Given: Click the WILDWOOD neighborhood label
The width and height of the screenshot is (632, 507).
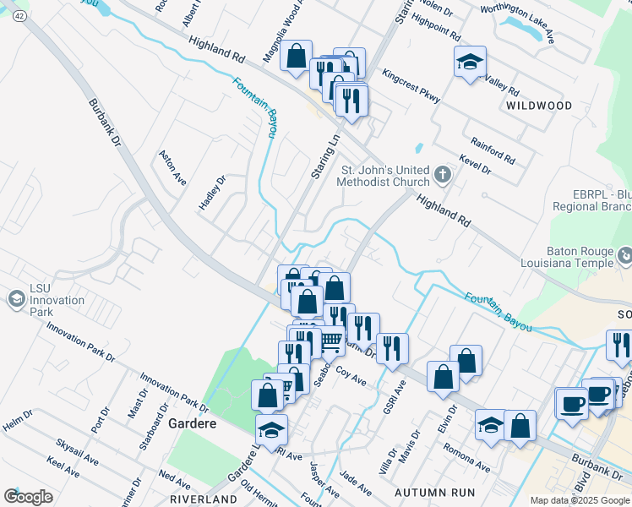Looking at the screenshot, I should (x=538, y=106).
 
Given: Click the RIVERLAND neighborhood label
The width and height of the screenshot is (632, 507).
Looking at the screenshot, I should (x=203, y=499).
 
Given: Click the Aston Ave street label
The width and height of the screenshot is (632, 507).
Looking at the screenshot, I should (x=172, y=168).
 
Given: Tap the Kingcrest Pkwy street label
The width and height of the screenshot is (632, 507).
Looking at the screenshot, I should (x=411, y=86).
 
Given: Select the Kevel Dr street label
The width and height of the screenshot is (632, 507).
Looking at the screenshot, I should (x=475, y=164).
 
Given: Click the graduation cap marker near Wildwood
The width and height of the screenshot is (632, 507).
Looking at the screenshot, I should (x=470, y=63).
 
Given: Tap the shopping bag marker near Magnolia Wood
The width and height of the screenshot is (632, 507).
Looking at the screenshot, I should (x=296, y=57).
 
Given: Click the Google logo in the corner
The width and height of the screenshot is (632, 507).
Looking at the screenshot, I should (x=28, y=496).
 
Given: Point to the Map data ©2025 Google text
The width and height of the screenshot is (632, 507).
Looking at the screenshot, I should (x=580, y=500).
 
